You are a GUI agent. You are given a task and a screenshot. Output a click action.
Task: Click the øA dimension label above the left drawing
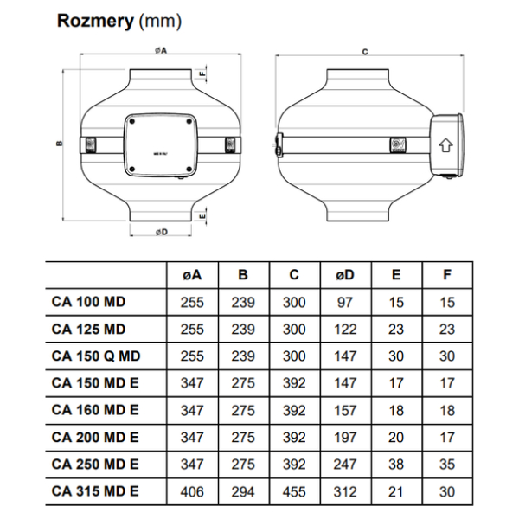point(160,51)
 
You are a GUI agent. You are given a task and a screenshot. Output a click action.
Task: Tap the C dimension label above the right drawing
point(365,52)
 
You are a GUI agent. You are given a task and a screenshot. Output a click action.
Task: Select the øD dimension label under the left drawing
point(161,232)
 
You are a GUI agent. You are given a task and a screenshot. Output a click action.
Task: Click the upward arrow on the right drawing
point(445,144)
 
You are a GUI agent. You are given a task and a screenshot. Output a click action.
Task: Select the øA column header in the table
point(192,275)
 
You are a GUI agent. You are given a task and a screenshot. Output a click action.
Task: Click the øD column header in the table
point(345,275)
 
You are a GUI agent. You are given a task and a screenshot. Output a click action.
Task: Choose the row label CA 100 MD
point(88,302)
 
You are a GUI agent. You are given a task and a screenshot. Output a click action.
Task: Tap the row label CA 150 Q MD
point(96,356)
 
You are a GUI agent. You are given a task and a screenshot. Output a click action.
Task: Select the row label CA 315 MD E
point(95,490)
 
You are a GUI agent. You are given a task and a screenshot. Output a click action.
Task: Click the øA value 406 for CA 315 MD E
point(192,490)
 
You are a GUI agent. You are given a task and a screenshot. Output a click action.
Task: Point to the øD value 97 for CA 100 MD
point(345,302)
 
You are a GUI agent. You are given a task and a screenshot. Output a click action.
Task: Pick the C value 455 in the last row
point(294,490)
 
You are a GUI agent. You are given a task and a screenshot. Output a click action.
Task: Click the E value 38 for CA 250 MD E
point(396,464)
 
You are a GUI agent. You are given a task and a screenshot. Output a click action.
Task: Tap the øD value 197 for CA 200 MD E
point(345,437)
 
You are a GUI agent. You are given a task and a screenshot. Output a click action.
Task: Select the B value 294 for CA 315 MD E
point(243,490)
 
